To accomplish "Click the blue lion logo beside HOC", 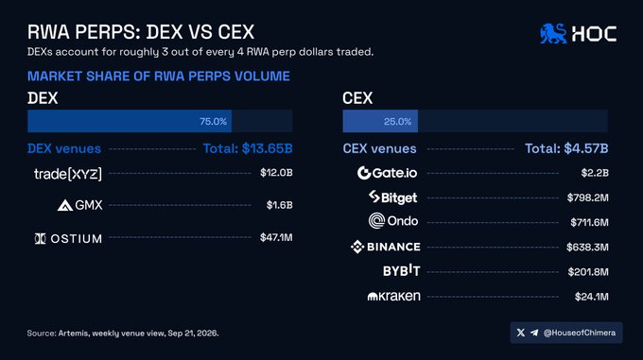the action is pyautogui.click(x=553, y=33).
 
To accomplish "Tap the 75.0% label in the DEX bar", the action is pyautogui.click(x=214, y=121).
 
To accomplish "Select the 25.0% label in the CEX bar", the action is pyautogui.click(x=397, y=121).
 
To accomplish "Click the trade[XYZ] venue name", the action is pyautogui.click(x=68, y=174).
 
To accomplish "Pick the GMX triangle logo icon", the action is pyautogui.click(x=65, y=205).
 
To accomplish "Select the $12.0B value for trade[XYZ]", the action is pyautogui.click(x=276, y=172).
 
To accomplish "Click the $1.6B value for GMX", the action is pyautogui.click(x=279, y=205).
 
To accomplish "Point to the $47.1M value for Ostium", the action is pyautogui.click(x=276, y=237).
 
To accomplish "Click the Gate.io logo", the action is pyautogui.click(x=387, y=173).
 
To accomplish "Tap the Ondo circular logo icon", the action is pyautogui.click(x=376, y=221).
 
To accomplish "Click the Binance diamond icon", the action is pyautogui.click(x=357, y=247).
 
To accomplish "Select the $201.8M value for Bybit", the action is pyautogui.click(x=588, y=271).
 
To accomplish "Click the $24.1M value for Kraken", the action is pyautogui.click(x=591, y=296).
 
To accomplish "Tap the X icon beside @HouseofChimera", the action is pyautogui.click(x=521, y=333).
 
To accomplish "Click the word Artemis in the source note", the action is pyautogui.click(x=73, y=333).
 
